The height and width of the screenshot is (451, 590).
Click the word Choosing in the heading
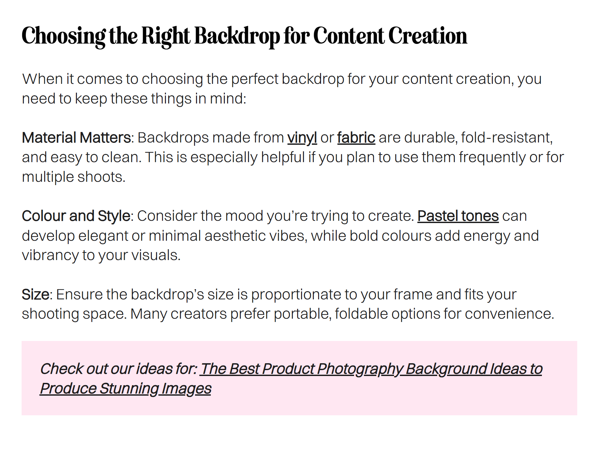point(64,36)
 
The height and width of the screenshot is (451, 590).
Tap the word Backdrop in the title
point(238,36)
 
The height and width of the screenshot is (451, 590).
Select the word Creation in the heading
point(428,36)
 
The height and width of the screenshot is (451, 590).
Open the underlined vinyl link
point(302,138)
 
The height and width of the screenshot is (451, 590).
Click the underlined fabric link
point(356,138)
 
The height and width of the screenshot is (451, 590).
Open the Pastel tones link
point(458,216)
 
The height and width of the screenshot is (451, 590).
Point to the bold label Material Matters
point(76,138)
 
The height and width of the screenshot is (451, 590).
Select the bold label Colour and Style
point(76,216)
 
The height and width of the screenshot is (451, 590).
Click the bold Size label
point(35,294)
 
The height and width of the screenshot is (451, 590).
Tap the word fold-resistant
point(507,138)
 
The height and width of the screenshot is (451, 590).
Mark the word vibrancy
point(50,255)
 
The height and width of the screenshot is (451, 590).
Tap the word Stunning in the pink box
point(129,389)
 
